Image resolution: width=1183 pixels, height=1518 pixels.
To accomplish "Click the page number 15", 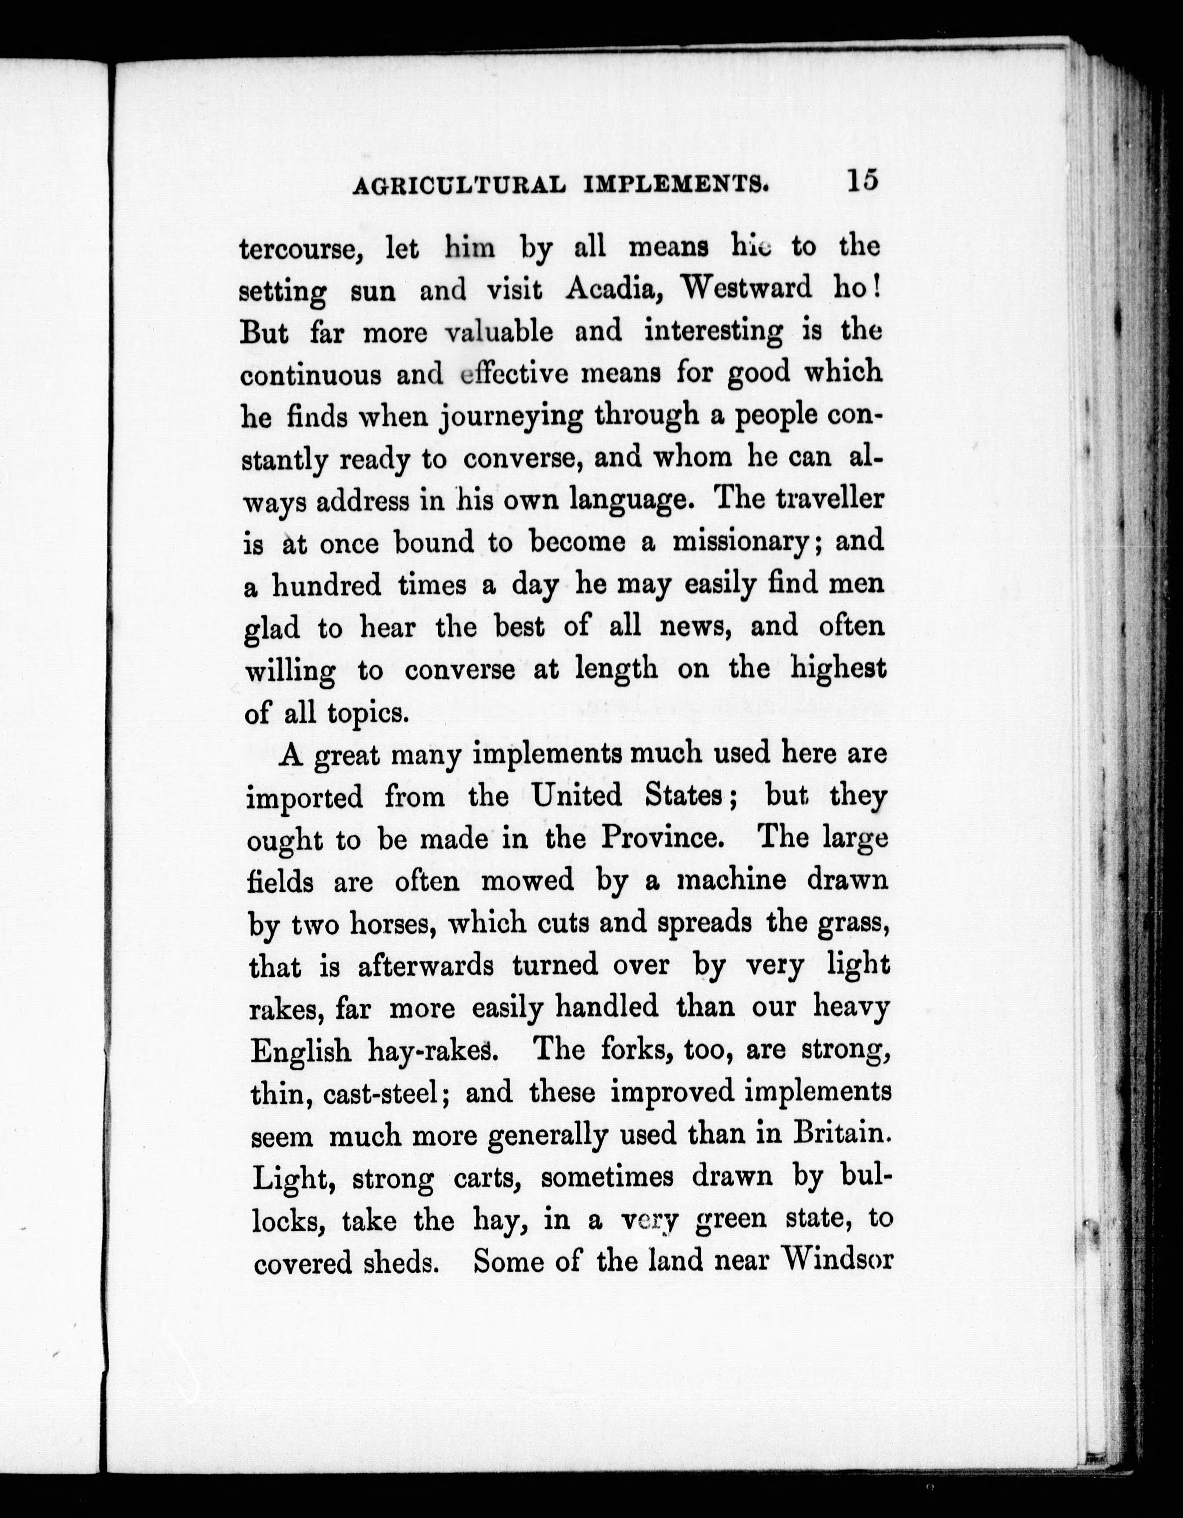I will [x=862, y=181].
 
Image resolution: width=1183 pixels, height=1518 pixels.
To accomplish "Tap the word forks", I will [x=630, y=1050].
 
